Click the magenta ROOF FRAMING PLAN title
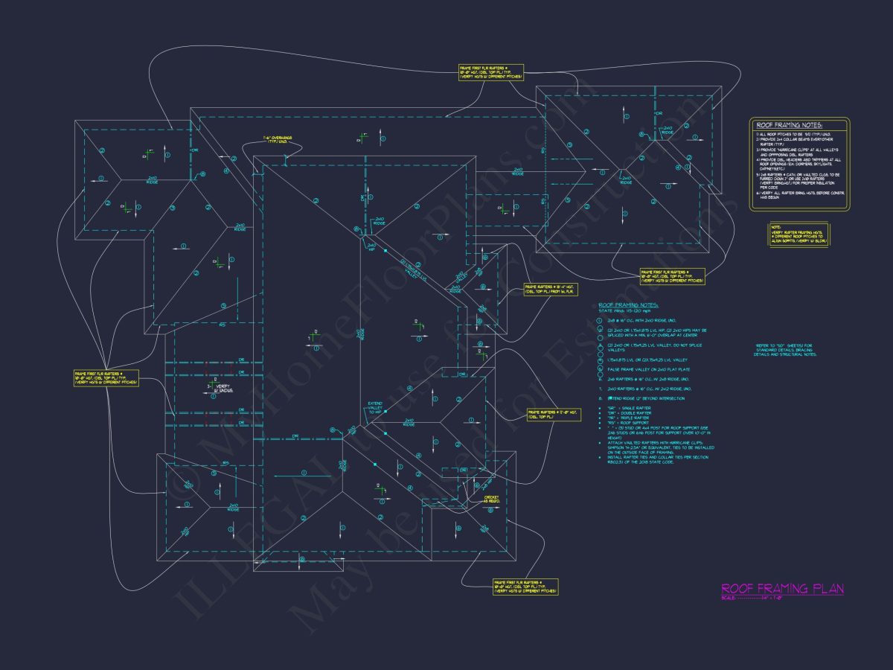coord(782,589)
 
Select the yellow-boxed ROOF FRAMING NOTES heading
coord(790,126)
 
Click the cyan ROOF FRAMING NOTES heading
coord(629,304)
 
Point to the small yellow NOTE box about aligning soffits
coord(798,234)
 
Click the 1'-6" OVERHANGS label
coord(278,139)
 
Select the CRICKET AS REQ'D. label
coord(493,499)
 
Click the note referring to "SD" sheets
coord(786,350)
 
